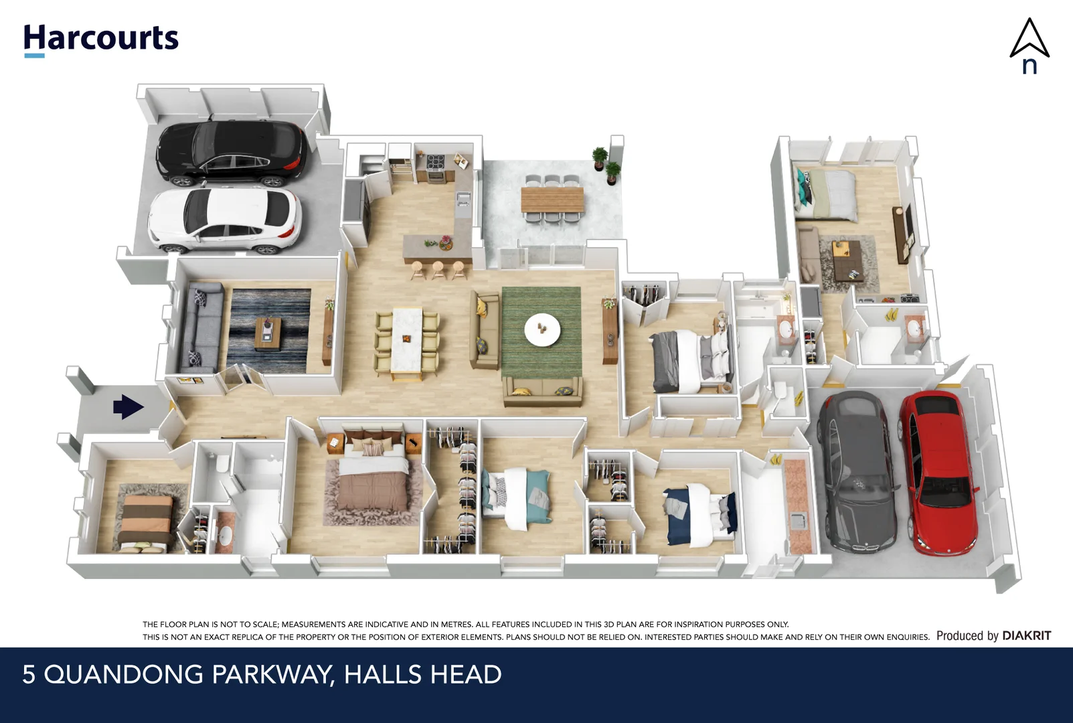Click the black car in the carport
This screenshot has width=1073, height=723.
[231, 153]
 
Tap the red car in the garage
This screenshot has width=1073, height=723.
[938, 471]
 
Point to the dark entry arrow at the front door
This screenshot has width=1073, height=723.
[128, 406]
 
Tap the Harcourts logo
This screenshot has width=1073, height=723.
[101, 39]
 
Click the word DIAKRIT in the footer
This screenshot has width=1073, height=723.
[1026, 635]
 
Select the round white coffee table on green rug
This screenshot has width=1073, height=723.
[542, 330]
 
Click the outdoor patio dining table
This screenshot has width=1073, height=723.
[552, 199]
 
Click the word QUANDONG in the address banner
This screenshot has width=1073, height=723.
[123, 674]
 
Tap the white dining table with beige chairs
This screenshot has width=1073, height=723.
[407, 339]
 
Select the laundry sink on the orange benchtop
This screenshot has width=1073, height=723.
[796, 520]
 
